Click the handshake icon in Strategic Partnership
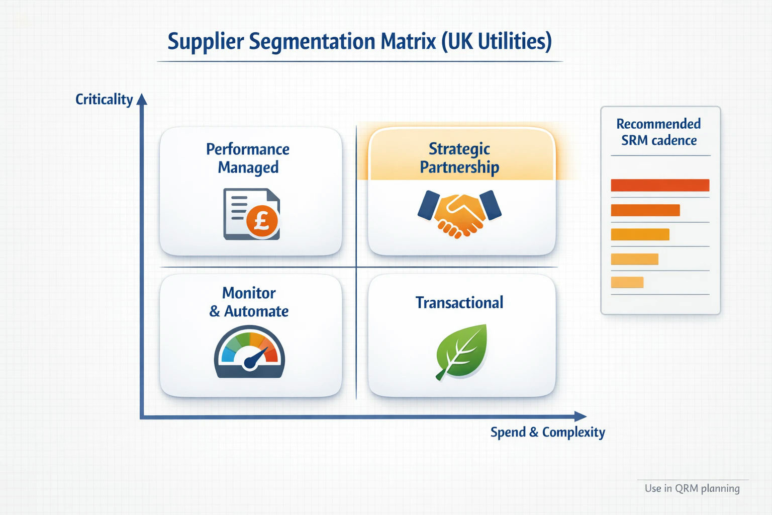(459, 214)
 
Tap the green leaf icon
(462, 352)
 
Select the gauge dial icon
(249, 352)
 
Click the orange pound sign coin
(262, 221)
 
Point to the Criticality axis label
(104, 100)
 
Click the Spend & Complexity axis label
(548, 432)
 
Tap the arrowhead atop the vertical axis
(142, 99)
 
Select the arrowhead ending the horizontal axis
(581, 416)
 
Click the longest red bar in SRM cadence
(660, 185)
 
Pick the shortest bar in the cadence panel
(627, 282)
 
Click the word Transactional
(459, 303)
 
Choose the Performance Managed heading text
(248, 158)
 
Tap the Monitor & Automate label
(249, 302)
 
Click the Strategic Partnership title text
(459, 158)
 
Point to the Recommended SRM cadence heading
(658, 132)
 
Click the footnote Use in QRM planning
(692, 488)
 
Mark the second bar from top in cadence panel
(645, 210)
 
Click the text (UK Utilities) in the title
(496, 42)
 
